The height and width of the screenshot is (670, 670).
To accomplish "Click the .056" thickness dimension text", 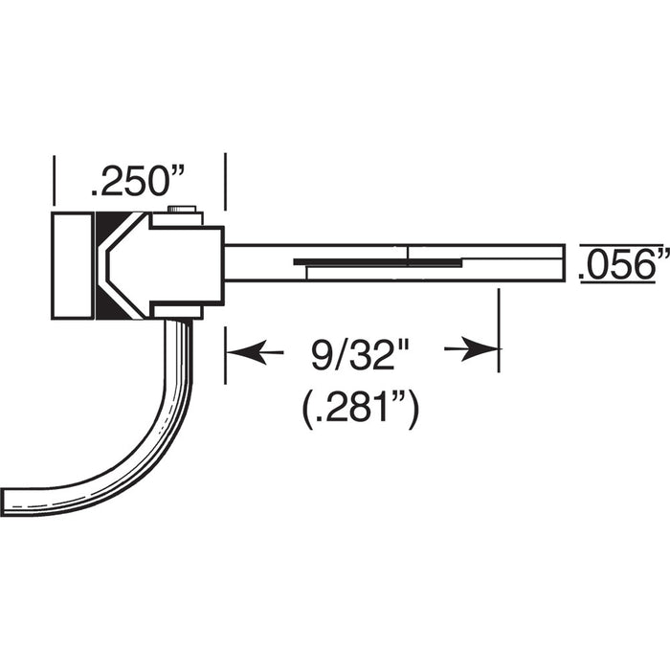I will pos(623,263).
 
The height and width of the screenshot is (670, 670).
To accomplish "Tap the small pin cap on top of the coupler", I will pos(181,209).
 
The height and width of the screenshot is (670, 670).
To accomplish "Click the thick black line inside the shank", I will pos(379,259).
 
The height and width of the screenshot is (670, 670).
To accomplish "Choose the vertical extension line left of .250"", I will pos(55,182).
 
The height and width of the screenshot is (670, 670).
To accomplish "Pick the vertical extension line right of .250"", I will pos(225,182).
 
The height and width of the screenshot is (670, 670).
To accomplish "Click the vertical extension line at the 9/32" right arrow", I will pos(499,330).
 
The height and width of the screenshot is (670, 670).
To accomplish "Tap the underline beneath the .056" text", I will pos(623,283).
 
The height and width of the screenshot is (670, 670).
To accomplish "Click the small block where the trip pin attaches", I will pos(178,310).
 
